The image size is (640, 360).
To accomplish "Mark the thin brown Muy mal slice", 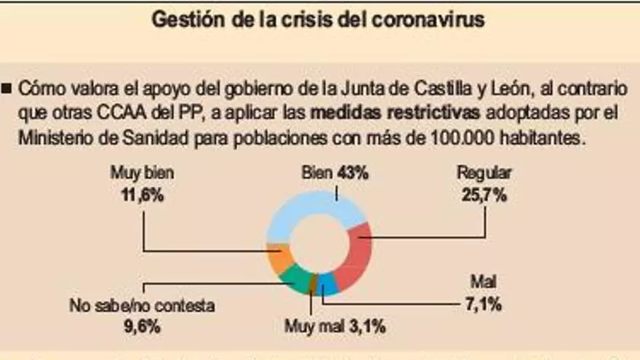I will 313,284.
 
